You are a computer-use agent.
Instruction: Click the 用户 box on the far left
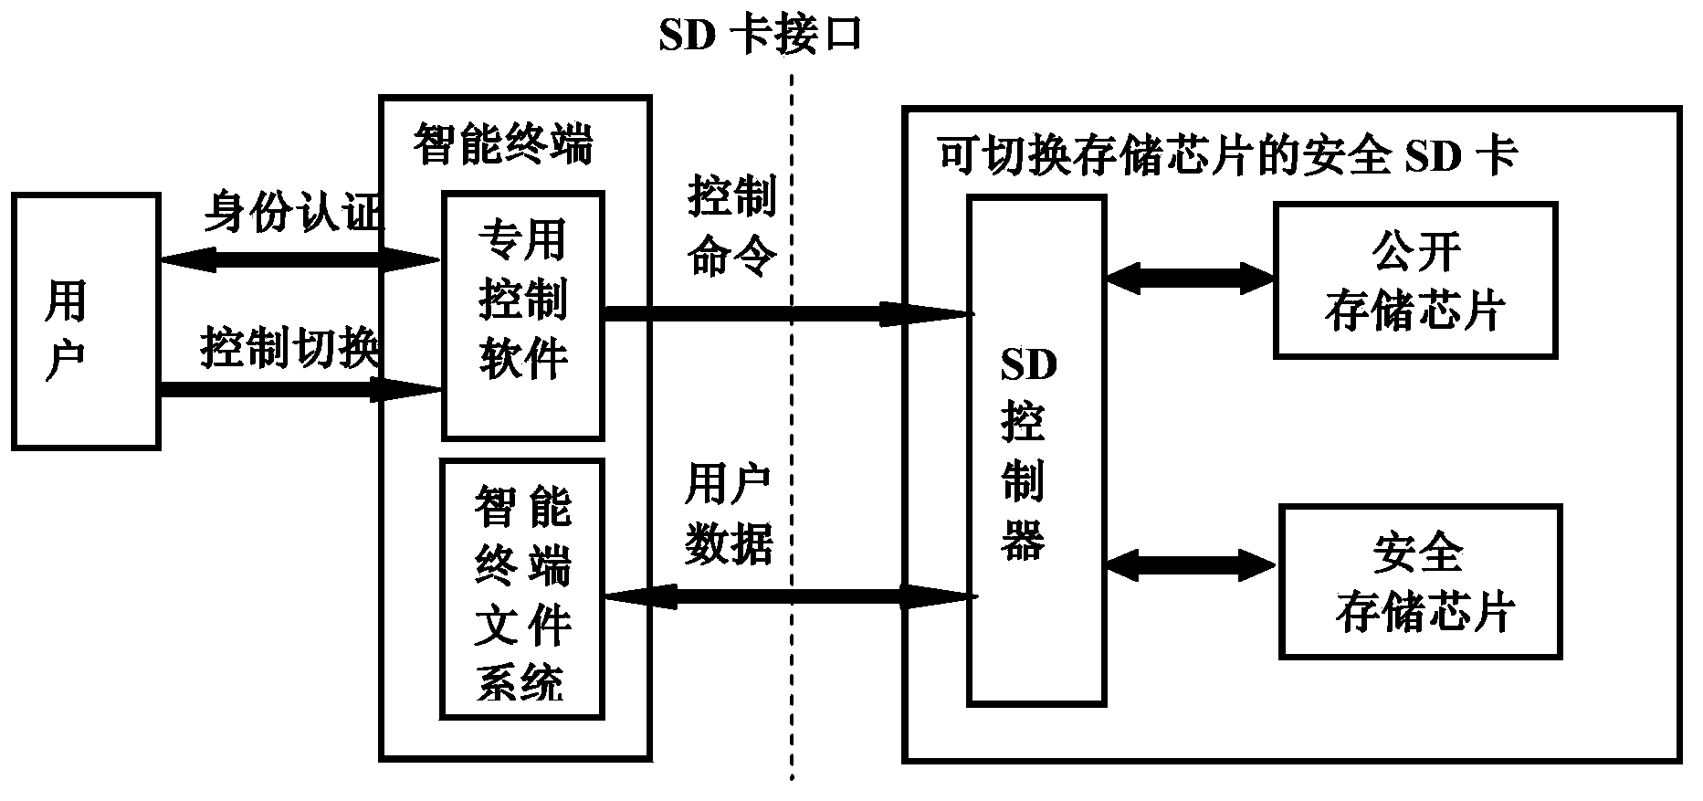(86, 321)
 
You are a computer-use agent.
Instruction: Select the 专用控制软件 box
(522, 315)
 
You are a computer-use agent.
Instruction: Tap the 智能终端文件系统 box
(522, 589)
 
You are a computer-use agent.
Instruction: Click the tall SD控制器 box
(1036, 450)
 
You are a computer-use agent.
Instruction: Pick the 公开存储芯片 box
(1414, 280)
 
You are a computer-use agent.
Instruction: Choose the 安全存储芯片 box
(1420, 582)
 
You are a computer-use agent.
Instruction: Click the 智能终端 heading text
(503, 144)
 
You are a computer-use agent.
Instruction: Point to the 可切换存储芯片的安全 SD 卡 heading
(1226, 156)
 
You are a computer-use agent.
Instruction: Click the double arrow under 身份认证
(300, 260)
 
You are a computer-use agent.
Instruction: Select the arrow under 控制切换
(300, 391)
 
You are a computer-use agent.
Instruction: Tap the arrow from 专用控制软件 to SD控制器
(785, 314)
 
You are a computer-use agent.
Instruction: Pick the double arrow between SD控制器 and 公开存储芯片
(1189, 278)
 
